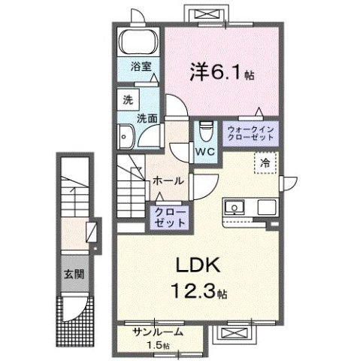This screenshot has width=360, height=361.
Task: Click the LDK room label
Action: click(198, 265)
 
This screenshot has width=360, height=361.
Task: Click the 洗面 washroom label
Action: click(146, 118)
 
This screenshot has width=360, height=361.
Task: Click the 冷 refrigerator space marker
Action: click(265, 162)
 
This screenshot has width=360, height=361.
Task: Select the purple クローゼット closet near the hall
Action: click(170, 217)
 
